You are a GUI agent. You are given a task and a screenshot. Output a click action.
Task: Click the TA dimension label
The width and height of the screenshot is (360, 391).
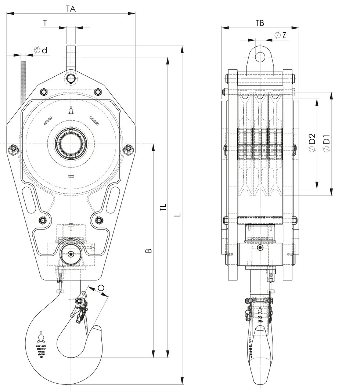pos(71,9)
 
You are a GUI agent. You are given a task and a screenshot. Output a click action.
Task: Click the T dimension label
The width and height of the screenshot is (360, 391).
pos(45,23)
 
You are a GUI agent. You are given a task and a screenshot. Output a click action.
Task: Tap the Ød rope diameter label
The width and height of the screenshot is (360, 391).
pos(41,51)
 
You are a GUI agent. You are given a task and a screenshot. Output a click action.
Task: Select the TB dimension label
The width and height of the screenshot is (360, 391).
pos(260,23)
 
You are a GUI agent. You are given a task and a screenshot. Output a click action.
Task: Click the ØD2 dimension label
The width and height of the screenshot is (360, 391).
pos(312,143)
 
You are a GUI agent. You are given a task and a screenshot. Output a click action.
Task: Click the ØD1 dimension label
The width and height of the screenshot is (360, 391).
pos(326,143)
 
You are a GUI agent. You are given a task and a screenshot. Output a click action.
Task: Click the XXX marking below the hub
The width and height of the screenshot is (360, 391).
pos(71,177)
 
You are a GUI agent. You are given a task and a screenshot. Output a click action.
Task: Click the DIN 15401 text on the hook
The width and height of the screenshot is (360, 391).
pos(41,346)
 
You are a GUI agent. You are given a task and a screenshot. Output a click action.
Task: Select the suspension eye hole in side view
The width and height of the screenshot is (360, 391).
pos(260,57)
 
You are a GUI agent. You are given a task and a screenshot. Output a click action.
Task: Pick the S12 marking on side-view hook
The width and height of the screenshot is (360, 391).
pos(260,316)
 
